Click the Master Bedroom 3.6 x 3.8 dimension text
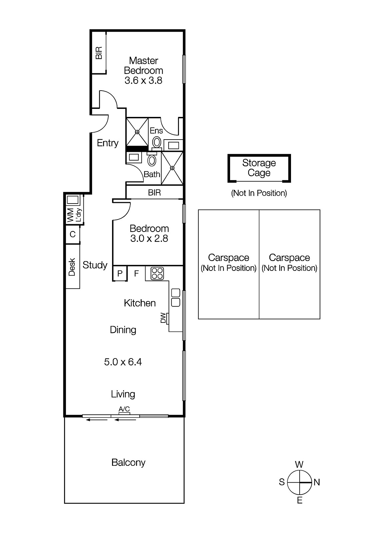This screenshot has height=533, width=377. (143, 81)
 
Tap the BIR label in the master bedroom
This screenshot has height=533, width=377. (99, 53)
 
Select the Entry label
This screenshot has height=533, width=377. (108, 143)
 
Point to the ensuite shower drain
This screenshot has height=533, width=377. (137, 132)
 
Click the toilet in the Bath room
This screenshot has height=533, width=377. (152, 160)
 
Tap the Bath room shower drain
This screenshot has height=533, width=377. (172, 168)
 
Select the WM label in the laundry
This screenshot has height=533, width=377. (70, 215)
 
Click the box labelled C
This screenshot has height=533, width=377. (73, 235)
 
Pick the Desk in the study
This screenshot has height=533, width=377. (72, 267)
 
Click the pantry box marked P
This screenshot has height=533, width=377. (120, 273)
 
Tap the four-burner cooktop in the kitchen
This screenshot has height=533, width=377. (157, 273)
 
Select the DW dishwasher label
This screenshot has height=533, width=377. (163, 318)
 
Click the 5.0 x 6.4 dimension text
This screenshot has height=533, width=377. (123, 362)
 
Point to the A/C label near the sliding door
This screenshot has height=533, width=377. (124, 409)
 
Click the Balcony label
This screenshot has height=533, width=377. (128, 462)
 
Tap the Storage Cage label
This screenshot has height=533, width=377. (259, 168)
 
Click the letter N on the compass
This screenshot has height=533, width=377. (317, 482)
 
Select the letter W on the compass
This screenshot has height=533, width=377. (299, 464)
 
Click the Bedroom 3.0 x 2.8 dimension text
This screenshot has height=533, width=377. (149, 239)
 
